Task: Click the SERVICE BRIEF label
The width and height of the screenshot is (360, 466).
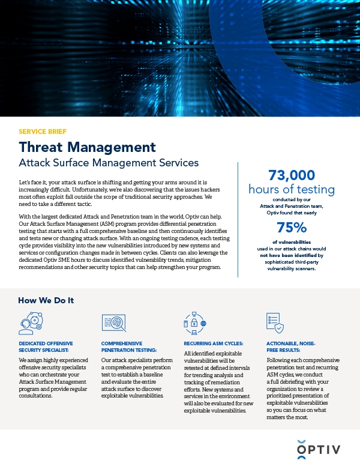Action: click(x=43, y=131)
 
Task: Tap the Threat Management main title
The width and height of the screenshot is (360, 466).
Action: click(x=87, y=147)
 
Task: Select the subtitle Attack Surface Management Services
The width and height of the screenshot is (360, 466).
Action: click(x=109, y=163)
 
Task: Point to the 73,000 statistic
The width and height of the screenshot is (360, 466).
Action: click(x=291, y=175)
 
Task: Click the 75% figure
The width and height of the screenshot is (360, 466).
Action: click(x=291, y=227)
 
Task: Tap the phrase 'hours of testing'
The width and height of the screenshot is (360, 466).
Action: click(x=291, y=189)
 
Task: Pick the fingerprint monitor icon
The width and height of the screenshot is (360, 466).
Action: click(x=113, y=323)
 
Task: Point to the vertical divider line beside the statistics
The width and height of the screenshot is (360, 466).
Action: click(x=238, y=219)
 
